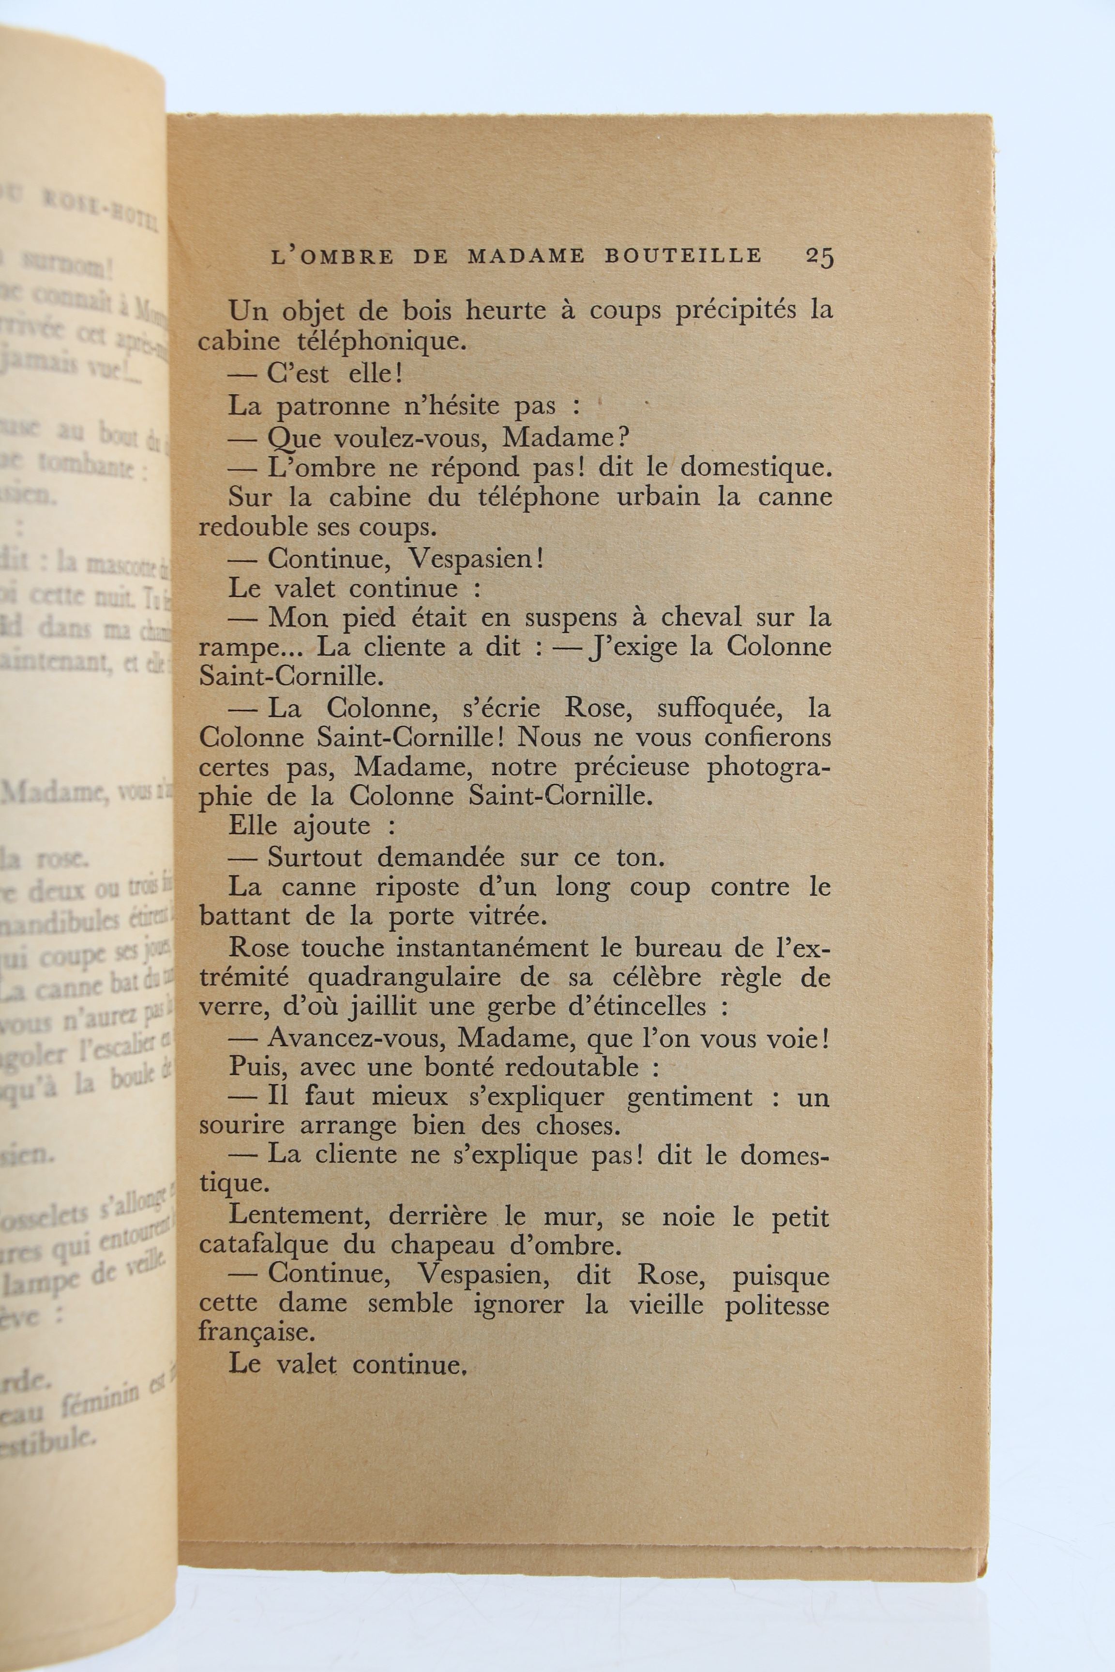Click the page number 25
click(819, 256)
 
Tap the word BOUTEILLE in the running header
click(683, 256)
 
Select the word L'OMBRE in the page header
click(332, 256)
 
